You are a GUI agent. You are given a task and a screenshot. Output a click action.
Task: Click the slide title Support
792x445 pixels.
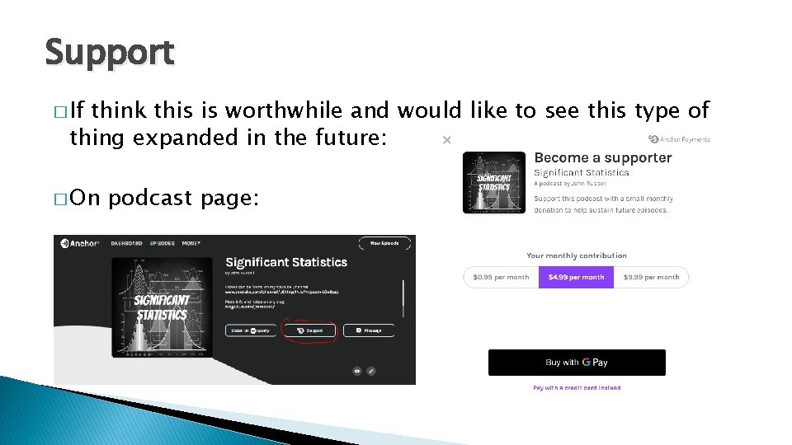tap(110, 53)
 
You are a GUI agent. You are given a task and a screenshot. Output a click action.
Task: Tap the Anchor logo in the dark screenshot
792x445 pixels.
tap(80, 243)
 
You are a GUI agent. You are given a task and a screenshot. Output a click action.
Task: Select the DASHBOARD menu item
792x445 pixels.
tap(127, 243)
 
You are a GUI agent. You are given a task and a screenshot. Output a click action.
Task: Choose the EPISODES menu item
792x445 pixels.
tap(163, 243)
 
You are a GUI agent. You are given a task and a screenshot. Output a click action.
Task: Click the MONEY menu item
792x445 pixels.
tap(192, 243)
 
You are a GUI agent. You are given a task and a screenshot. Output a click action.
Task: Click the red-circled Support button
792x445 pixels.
tap(309, 330)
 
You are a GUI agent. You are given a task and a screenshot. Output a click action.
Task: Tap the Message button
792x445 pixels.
tap(368, 330)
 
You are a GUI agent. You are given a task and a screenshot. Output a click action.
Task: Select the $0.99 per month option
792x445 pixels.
tap(501, 277)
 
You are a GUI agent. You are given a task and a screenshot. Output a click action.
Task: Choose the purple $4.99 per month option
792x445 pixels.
tap(575, 277)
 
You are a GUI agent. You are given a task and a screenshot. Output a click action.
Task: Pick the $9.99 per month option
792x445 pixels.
tap(651, 277)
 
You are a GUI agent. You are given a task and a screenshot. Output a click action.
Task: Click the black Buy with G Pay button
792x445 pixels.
tap(577, 363)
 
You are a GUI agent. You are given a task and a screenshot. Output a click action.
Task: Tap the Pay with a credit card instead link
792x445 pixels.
tap(577, 387)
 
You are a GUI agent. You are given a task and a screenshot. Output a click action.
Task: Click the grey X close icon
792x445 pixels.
tap(446, 140)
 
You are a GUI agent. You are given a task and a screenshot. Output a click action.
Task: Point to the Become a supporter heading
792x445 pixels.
tap(603, 157)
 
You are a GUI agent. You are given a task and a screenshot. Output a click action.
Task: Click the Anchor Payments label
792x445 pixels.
tap(680, 139)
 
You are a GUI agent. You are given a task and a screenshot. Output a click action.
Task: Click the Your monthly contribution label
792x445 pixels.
tap(577, 255)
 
